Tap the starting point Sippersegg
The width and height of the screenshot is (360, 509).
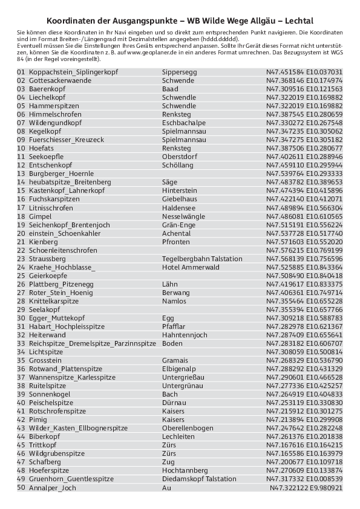point(179,72)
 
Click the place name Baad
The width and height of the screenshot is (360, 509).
point(170,89)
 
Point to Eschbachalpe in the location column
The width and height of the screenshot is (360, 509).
point(184,123)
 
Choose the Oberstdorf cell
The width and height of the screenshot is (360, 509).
point(180,157)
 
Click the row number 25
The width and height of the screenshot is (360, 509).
point(21,275)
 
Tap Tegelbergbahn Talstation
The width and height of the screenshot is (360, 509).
point(202,258)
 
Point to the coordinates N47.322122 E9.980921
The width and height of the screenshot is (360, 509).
point(306,488)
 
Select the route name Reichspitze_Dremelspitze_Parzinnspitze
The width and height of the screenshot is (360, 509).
point(88,343)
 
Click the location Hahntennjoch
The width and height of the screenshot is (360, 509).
point(185,334)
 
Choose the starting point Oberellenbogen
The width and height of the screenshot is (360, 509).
point(188,427)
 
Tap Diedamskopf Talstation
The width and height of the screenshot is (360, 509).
point(199,479)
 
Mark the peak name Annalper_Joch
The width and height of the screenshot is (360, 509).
point(53,488)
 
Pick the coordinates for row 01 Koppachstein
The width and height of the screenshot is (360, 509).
point(304,72)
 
